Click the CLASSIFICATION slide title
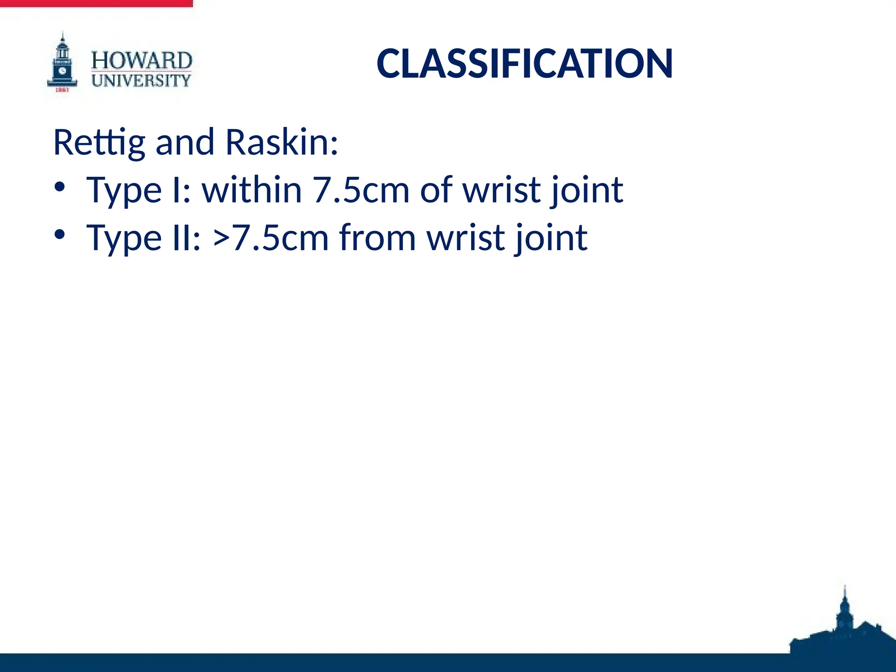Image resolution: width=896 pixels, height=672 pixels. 524,64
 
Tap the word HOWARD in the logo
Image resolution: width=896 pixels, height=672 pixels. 141,61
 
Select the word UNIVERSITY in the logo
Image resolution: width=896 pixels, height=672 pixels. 141,80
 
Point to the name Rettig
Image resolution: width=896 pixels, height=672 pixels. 99,143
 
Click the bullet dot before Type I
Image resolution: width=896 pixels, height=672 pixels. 59,187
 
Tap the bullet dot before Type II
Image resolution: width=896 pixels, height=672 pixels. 59,234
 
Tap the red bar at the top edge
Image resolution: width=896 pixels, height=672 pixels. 96,3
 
